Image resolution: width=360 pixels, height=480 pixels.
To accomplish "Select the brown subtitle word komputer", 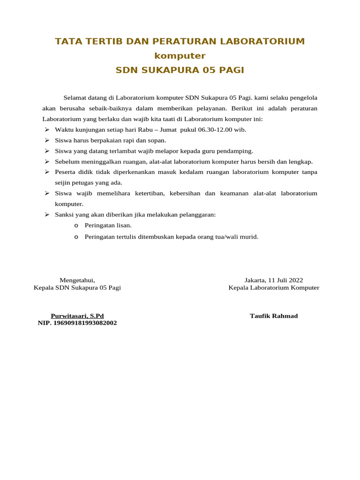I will [180, 56].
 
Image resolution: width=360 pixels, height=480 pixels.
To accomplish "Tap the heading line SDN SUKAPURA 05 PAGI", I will [180, 70].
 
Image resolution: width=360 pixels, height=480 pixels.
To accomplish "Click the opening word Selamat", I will [75, 98].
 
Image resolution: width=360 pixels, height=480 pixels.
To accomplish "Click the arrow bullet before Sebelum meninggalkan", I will [47, 162].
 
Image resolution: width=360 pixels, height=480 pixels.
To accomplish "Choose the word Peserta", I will [65, 172].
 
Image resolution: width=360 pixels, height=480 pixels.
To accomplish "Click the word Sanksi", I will [64, 214].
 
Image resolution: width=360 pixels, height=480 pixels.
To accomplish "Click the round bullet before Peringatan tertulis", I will [76, 237].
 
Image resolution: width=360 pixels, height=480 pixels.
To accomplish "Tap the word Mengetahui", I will [77, 280].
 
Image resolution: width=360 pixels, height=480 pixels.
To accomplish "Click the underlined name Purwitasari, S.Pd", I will [77, 316].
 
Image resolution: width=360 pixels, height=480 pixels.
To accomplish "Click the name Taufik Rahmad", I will [274, 316].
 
